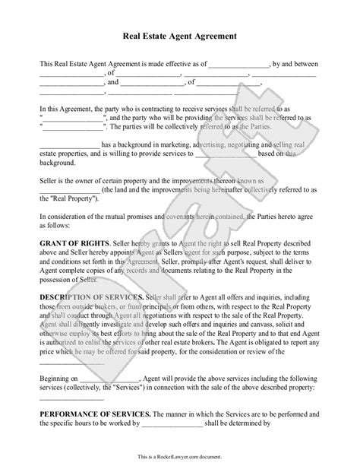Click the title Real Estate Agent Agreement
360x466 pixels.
[180, 35]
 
